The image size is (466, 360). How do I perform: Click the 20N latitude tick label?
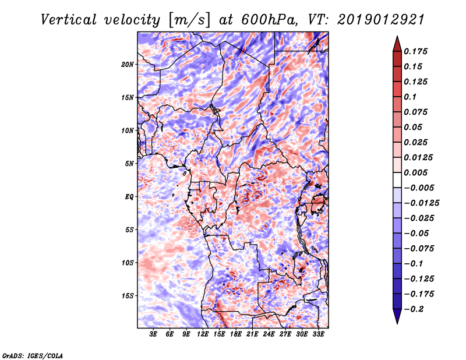127,65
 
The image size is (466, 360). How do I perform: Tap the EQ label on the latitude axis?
129,197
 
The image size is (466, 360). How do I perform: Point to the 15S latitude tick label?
127,296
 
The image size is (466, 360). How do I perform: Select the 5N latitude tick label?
129,164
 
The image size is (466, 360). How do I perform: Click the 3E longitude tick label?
153,334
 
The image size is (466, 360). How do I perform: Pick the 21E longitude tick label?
252,334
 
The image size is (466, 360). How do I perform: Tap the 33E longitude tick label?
318,334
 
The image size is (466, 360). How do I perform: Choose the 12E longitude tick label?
203,334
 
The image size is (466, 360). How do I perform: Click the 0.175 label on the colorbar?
415,51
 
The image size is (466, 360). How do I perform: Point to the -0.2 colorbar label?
414,309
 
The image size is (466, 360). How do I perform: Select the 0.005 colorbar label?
415,172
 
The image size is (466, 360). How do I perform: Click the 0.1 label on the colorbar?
410,97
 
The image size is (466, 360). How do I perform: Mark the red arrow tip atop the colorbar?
397,36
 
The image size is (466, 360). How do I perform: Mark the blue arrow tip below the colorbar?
397,323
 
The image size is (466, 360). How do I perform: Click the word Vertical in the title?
69,20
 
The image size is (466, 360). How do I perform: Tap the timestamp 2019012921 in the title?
381,20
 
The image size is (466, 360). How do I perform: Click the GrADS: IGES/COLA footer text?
33,356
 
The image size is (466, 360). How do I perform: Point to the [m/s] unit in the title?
189,20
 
